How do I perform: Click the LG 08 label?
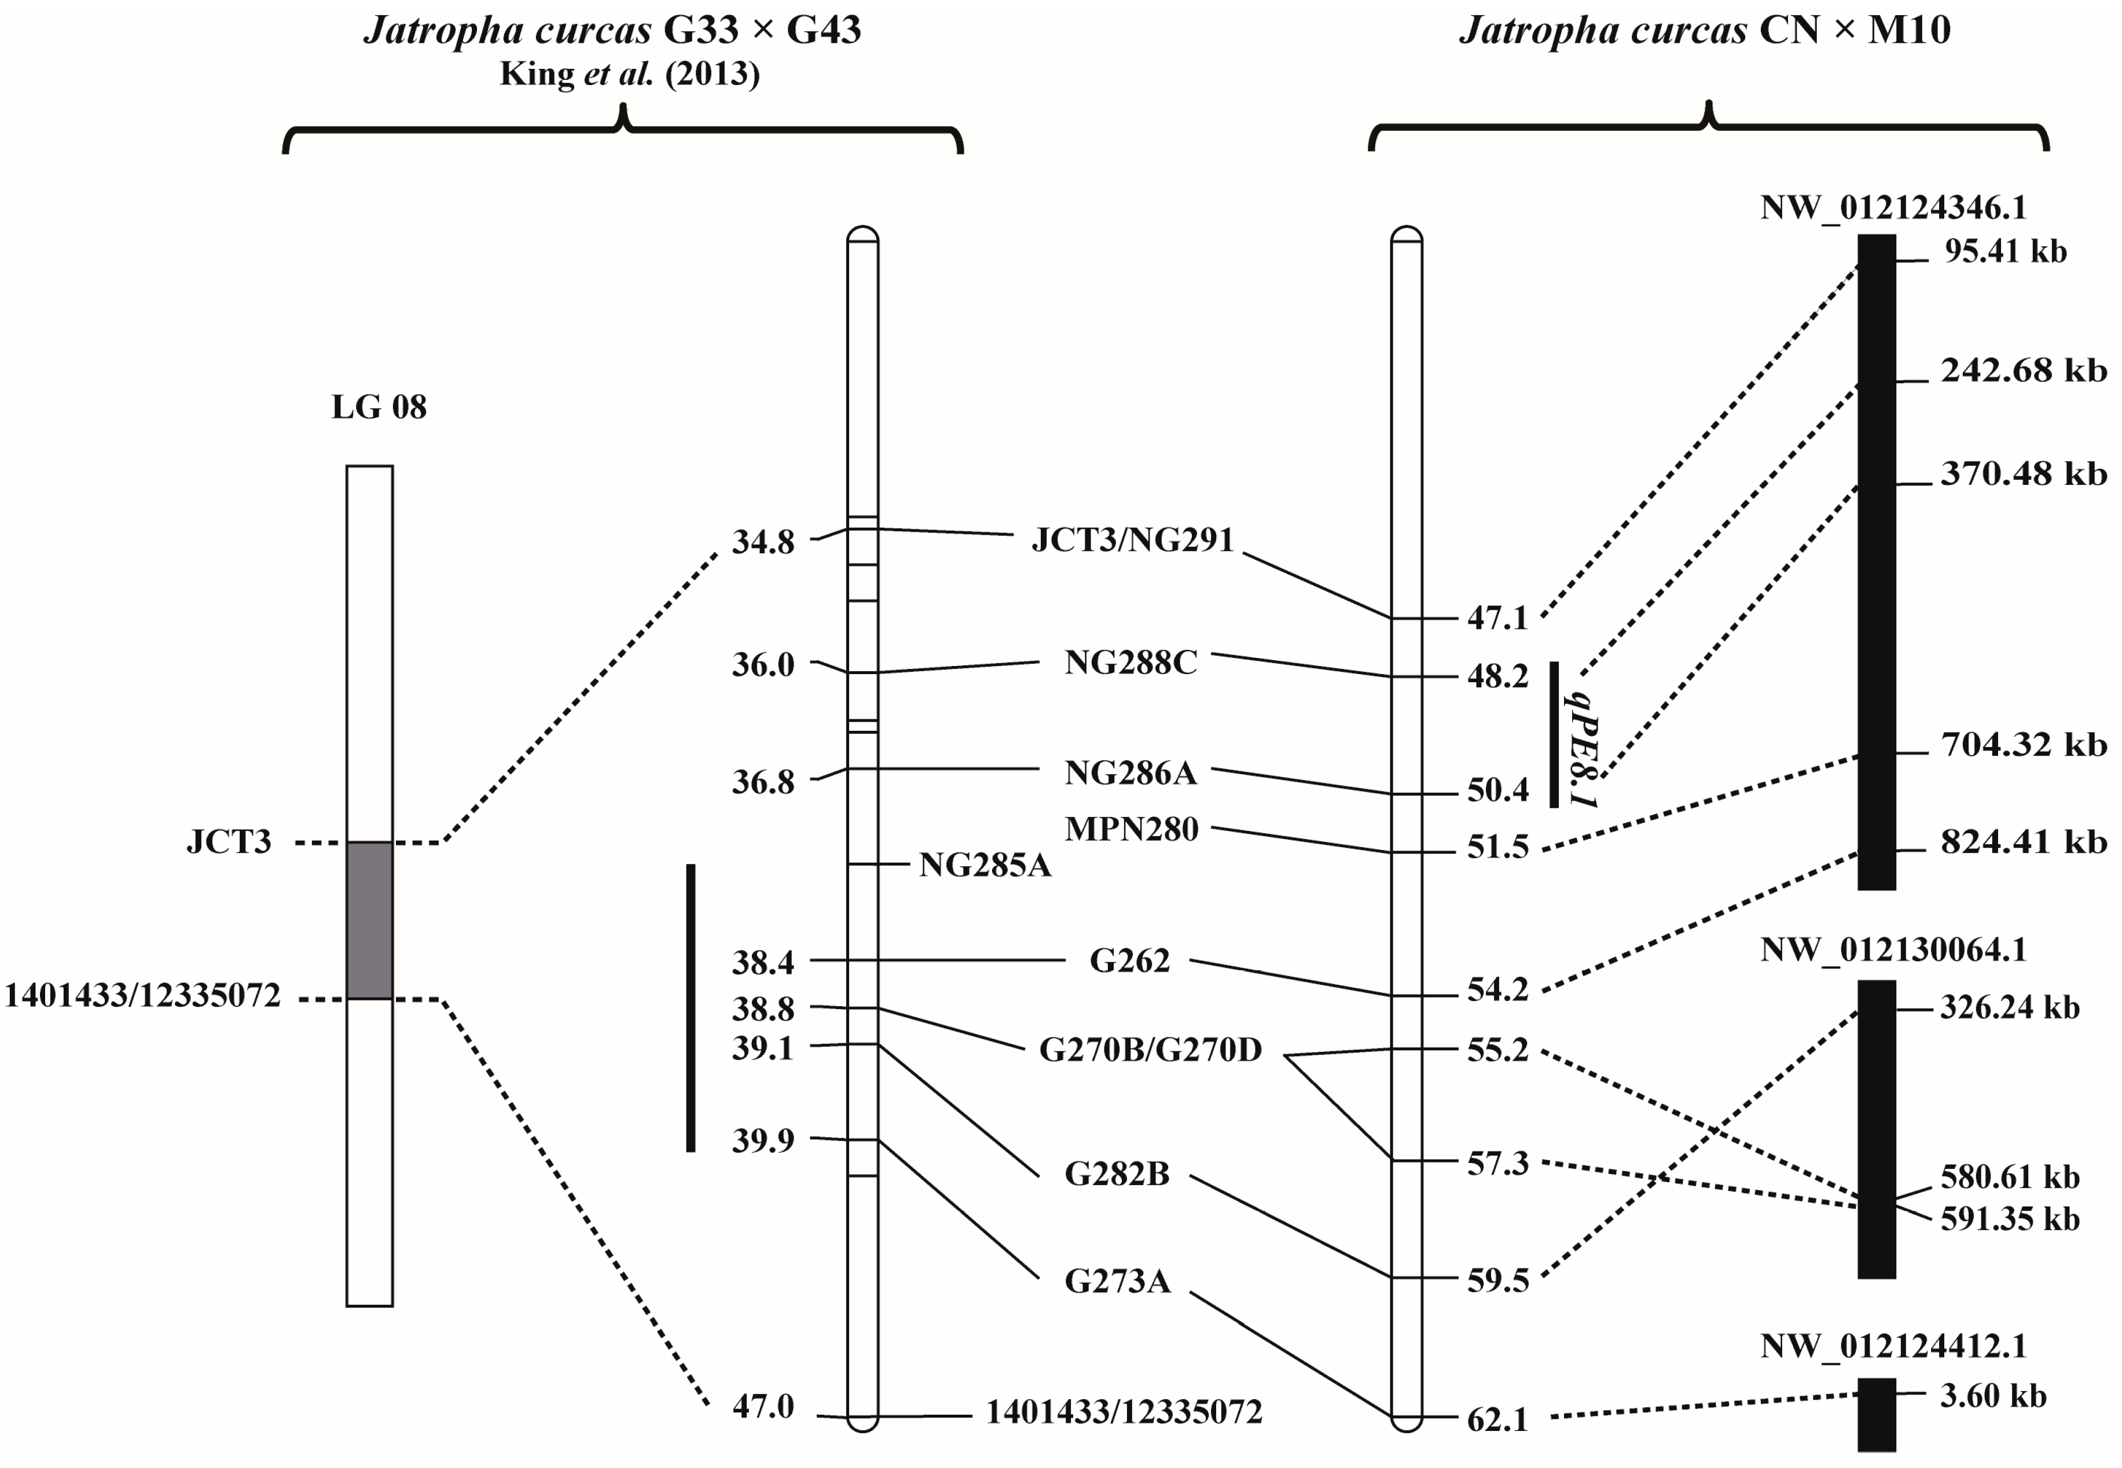coord(379,407)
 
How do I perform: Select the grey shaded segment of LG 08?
coord(370,920)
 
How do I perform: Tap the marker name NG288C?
coord(1131,663)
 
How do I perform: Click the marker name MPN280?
coord(1132,829)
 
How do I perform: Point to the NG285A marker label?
coord(985,864)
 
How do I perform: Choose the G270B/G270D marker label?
coord(1150,1050)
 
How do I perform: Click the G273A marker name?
coord(1117,1281)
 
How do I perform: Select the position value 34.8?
coord(763,542)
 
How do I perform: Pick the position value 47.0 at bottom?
coord(763,1406)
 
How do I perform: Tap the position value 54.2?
coord(1497,989)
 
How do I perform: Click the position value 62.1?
coord(1497,1419)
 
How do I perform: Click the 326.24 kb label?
coord(2010,1007)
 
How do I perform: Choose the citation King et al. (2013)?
coord(629,73)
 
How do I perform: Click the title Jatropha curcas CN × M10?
coord(1704,30)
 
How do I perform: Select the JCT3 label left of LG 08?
coord(229,841)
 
